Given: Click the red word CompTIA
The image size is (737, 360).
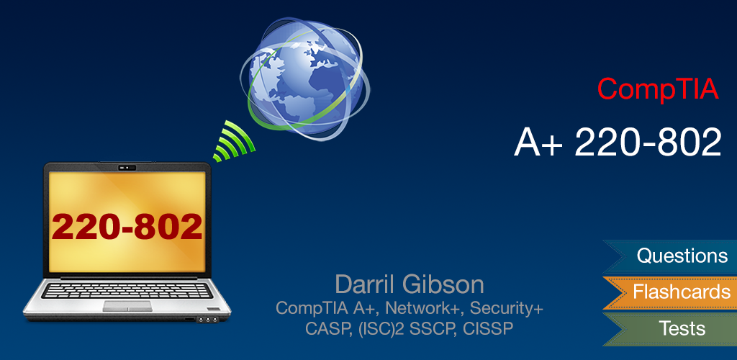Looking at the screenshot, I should click(x=658, y=89).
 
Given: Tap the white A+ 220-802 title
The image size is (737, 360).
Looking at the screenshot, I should click(x=618, y=142).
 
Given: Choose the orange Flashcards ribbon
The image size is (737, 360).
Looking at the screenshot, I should click(x=681, y=292).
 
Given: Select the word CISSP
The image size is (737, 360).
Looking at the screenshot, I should click(x=492, y=329).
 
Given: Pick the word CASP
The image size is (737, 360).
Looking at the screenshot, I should click(x=325, y=329).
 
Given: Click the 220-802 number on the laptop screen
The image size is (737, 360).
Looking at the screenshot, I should click(x=127, y=227).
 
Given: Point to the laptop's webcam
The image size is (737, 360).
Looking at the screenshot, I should click(x=127, y=168).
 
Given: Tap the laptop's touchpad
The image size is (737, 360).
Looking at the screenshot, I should click(x=127, y=306).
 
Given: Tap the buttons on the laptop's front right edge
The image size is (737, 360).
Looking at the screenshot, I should click(x=208, y=318).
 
